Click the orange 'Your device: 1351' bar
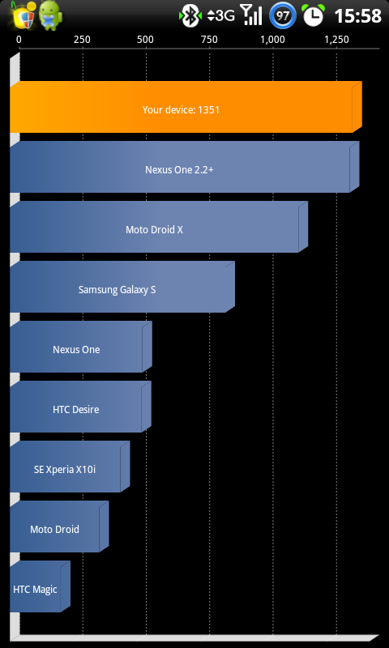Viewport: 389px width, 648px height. [x=186, y=107]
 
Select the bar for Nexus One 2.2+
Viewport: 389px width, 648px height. [x=185, y=167]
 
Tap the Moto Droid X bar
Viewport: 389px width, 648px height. [x=159, y=227]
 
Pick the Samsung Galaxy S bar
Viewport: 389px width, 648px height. [x=122, y=287]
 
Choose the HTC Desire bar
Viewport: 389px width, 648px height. [x=80, y=407]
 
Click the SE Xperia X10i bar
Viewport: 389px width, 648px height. [x=70, y=467]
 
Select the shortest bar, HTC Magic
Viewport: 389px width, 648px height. [x=40, y=586]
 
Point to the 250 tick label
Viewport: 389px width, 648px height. [x=82, y=40]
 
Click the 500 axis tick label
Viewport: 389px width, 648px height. [x=145, y=40]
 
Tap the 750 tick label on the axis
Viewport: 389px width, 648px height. [x=209, y=40]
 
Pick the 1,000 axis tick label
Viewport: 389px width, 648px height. [x=273, y=40]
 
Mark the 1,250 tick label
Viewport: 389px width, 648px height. [x=336, y=40]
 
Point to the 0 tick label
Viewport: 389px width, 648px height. [x=19, y=40]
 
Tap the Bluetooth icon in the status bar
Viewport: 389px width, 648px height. [x=190, y=16]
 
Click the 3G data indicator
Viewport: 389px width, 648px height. [x=221, y=15]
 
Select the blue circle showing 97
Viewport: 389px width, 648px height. [x=282, y=16]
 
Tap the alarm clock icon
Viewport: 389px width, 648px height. [x=314, y=15]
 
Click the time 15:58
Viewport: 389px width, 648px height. [x=357, y=16]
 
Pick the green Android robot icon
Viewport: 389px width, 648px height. [x=51, y=15]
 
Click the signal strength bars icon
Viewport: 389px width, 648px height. [x=251, y=15]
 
